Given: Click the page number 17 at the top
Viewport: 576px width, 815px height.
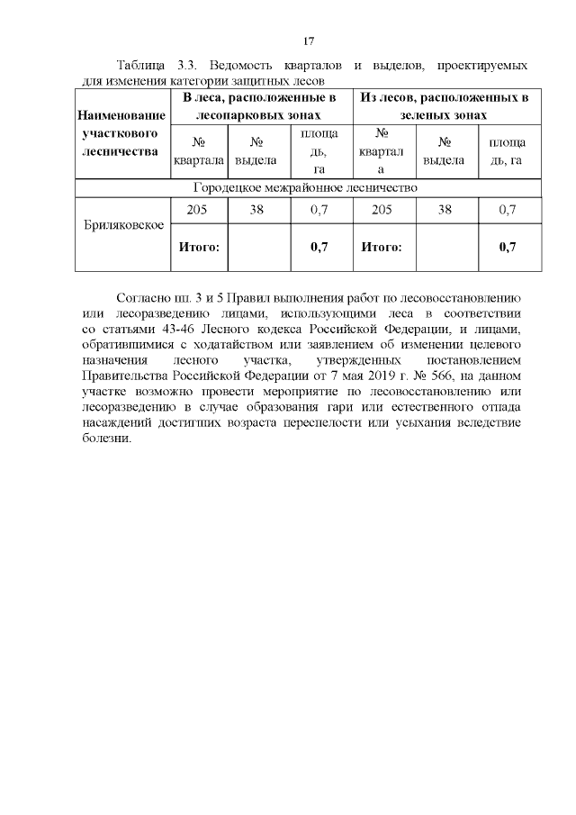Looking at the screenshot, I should pyautogui.click(x=308, y=41).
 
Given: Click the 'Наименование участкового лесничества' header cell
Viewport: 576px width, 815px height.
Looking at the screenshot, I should pyautogui.click(x=121, y=133).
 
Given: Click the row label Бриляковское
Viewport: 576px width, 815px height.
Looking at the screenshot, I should pyautogui.click(x=121, y=224).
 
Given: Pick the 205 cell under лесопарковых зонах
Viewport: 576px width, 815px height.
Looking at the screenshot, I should pyautogui.click(x=197, y=210).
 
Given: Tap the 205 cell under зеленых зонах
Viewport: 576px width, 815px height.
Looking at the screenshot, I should pyautogui.click(x=382, y=210).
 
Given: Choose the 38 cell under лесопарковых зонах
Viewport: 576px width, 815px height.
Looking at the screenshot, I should pyautogui.click(x=256, y=210).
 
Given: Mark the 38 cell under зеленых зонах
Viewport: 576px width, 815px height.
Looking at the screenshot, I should pyautogui.click(x=444, y=210).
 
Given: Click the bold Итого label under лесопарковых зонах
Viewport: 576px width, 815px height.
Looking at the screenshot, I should pyautogui.click(x=199, y=247).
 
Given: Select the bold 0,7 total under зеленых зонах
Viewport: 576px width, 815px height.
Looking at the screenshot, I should pyautogui.click(x=507, y=247).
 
